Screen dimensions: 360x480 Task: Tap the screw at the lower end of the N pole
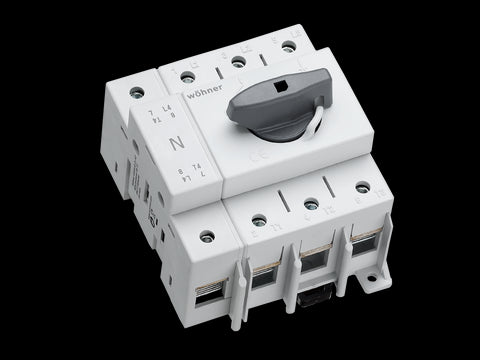[x=207, y=237]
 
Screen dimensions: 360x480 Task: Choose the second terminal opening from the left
[x=265, y=279]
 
